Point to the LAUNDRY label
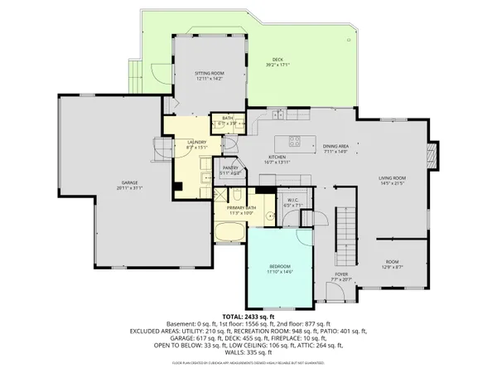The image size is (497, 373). (196, 142)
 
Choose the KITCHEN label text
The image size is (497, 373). (277, 157)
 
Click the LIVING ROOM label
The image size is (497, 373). (392, 177)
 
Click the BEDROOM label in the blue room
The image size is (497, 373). (280, 267)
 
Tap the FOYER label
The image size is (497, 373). (340, 274)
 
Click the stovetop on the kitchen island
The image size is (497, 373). (293, 138)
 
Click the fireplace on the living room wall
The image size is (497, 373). (429, 154)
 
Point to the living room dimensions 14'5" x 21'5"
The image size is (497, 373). (392, 183)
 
